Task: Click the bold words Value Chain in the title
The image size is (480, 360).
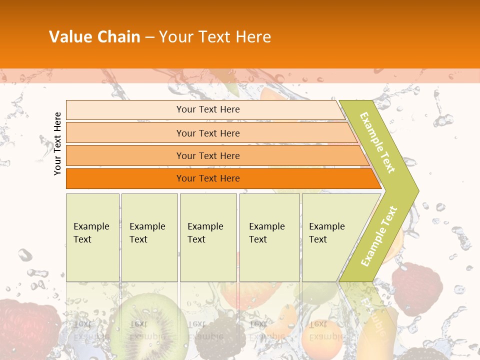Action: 94,37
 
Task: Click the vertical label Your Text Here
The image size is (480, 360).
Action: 58,143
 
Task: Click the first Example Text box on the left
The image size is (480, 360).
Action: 92,237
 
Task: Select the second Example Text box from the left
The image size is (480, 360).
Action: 149,237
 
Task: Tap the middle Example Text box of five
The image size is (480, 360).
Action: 208,237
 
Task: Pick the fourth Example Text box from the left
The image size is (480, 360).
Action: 269,237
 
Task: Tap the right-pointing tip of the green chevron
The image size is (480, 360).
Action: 413,190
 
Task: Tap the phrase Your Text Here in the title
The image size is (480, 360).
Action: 215,37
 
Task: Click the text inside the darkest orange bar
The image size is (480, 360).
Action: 208,178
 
